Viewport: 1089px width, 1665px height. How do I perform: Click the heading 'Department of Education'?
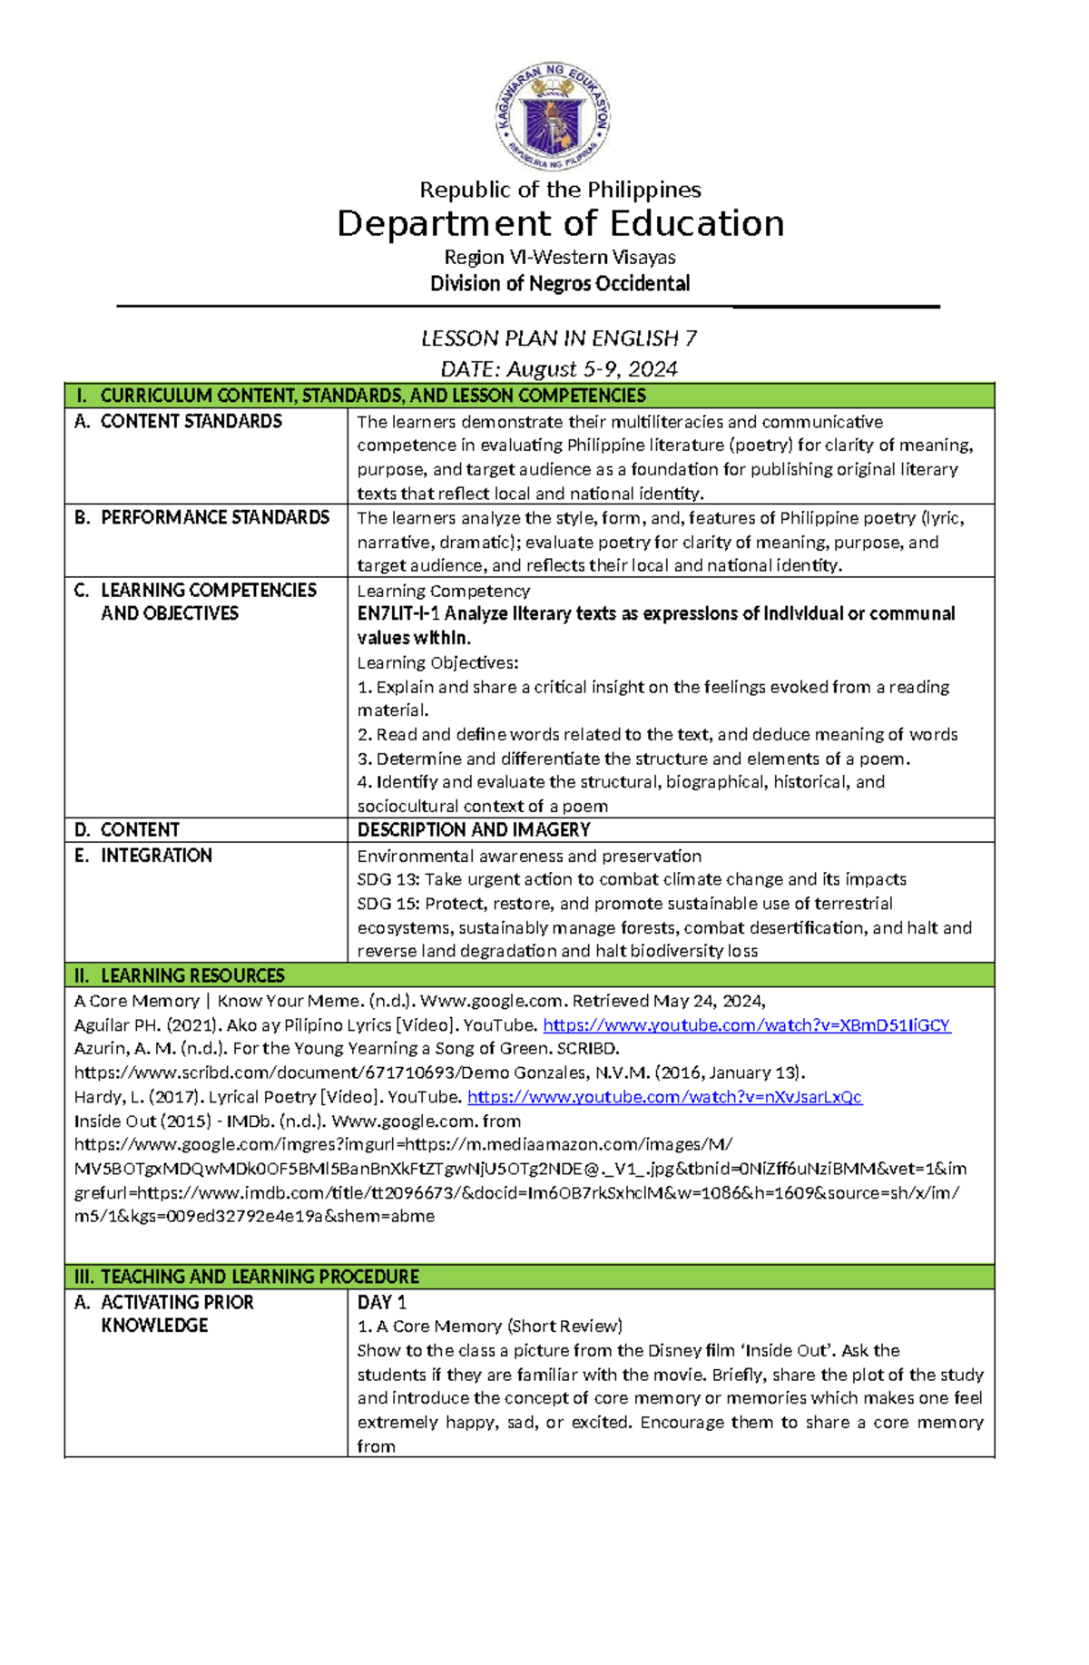point(560,223)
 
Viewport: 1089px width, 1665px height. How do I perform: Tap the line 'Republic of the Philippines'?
point(560,190)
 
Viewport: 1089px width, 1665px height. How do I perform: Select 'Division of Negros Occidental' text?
point(560,284)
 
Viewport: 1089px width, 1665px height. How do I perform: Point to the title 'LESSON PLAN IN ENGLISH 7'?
point(559,338)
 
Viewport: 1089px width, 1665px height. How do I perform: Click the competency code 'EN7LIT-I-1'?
point(398,614)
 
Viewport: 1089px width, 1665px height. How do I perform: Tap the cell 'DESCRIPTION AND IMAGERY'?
point(474,830)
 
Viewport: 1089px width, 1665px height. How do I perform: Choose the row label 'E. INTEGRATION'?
point(143,856)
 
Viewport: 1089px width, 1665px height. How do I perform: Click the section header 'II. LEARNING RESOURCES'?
point(180,975)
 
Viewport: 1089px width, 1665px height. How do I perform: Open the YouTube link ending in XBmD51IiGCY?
point(746,1025)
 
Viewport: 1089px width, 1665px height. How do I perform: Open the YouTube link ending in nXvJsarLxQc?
point(664,1097)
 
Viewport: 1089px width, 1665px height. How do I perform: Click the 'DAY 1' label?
point(382,1302)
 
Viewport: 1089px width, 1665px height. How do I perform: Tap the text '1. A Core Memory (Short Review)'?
point(489,1327)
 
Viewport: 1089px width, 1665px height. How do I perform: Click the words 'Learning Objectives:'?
point(437,663)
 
